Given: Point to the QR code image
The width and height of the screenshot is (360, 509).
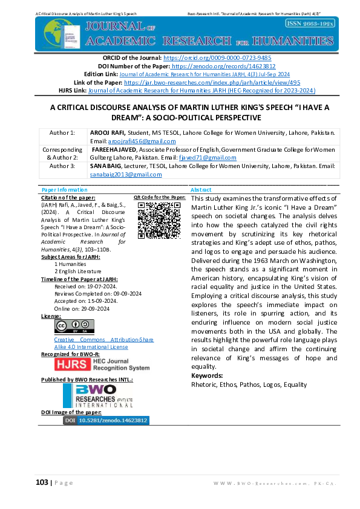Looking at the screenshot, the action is tap(155, 221).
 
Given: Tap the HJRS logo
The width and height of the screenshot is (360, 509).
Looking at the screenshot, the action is tap(101, 365).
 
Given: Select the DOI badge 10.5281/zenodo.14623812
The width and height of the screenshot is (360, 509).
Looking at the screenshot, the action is tap(106, 420).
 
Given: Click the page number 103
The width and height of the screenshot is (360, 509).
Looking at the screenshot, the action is tap(41, 482).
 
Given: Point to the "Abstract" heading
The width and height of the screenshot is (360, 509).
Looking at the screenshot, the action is tap(201, 189).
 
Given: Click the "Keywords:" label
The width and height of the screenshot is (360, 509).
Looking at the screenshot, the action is tap(206, 376).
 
